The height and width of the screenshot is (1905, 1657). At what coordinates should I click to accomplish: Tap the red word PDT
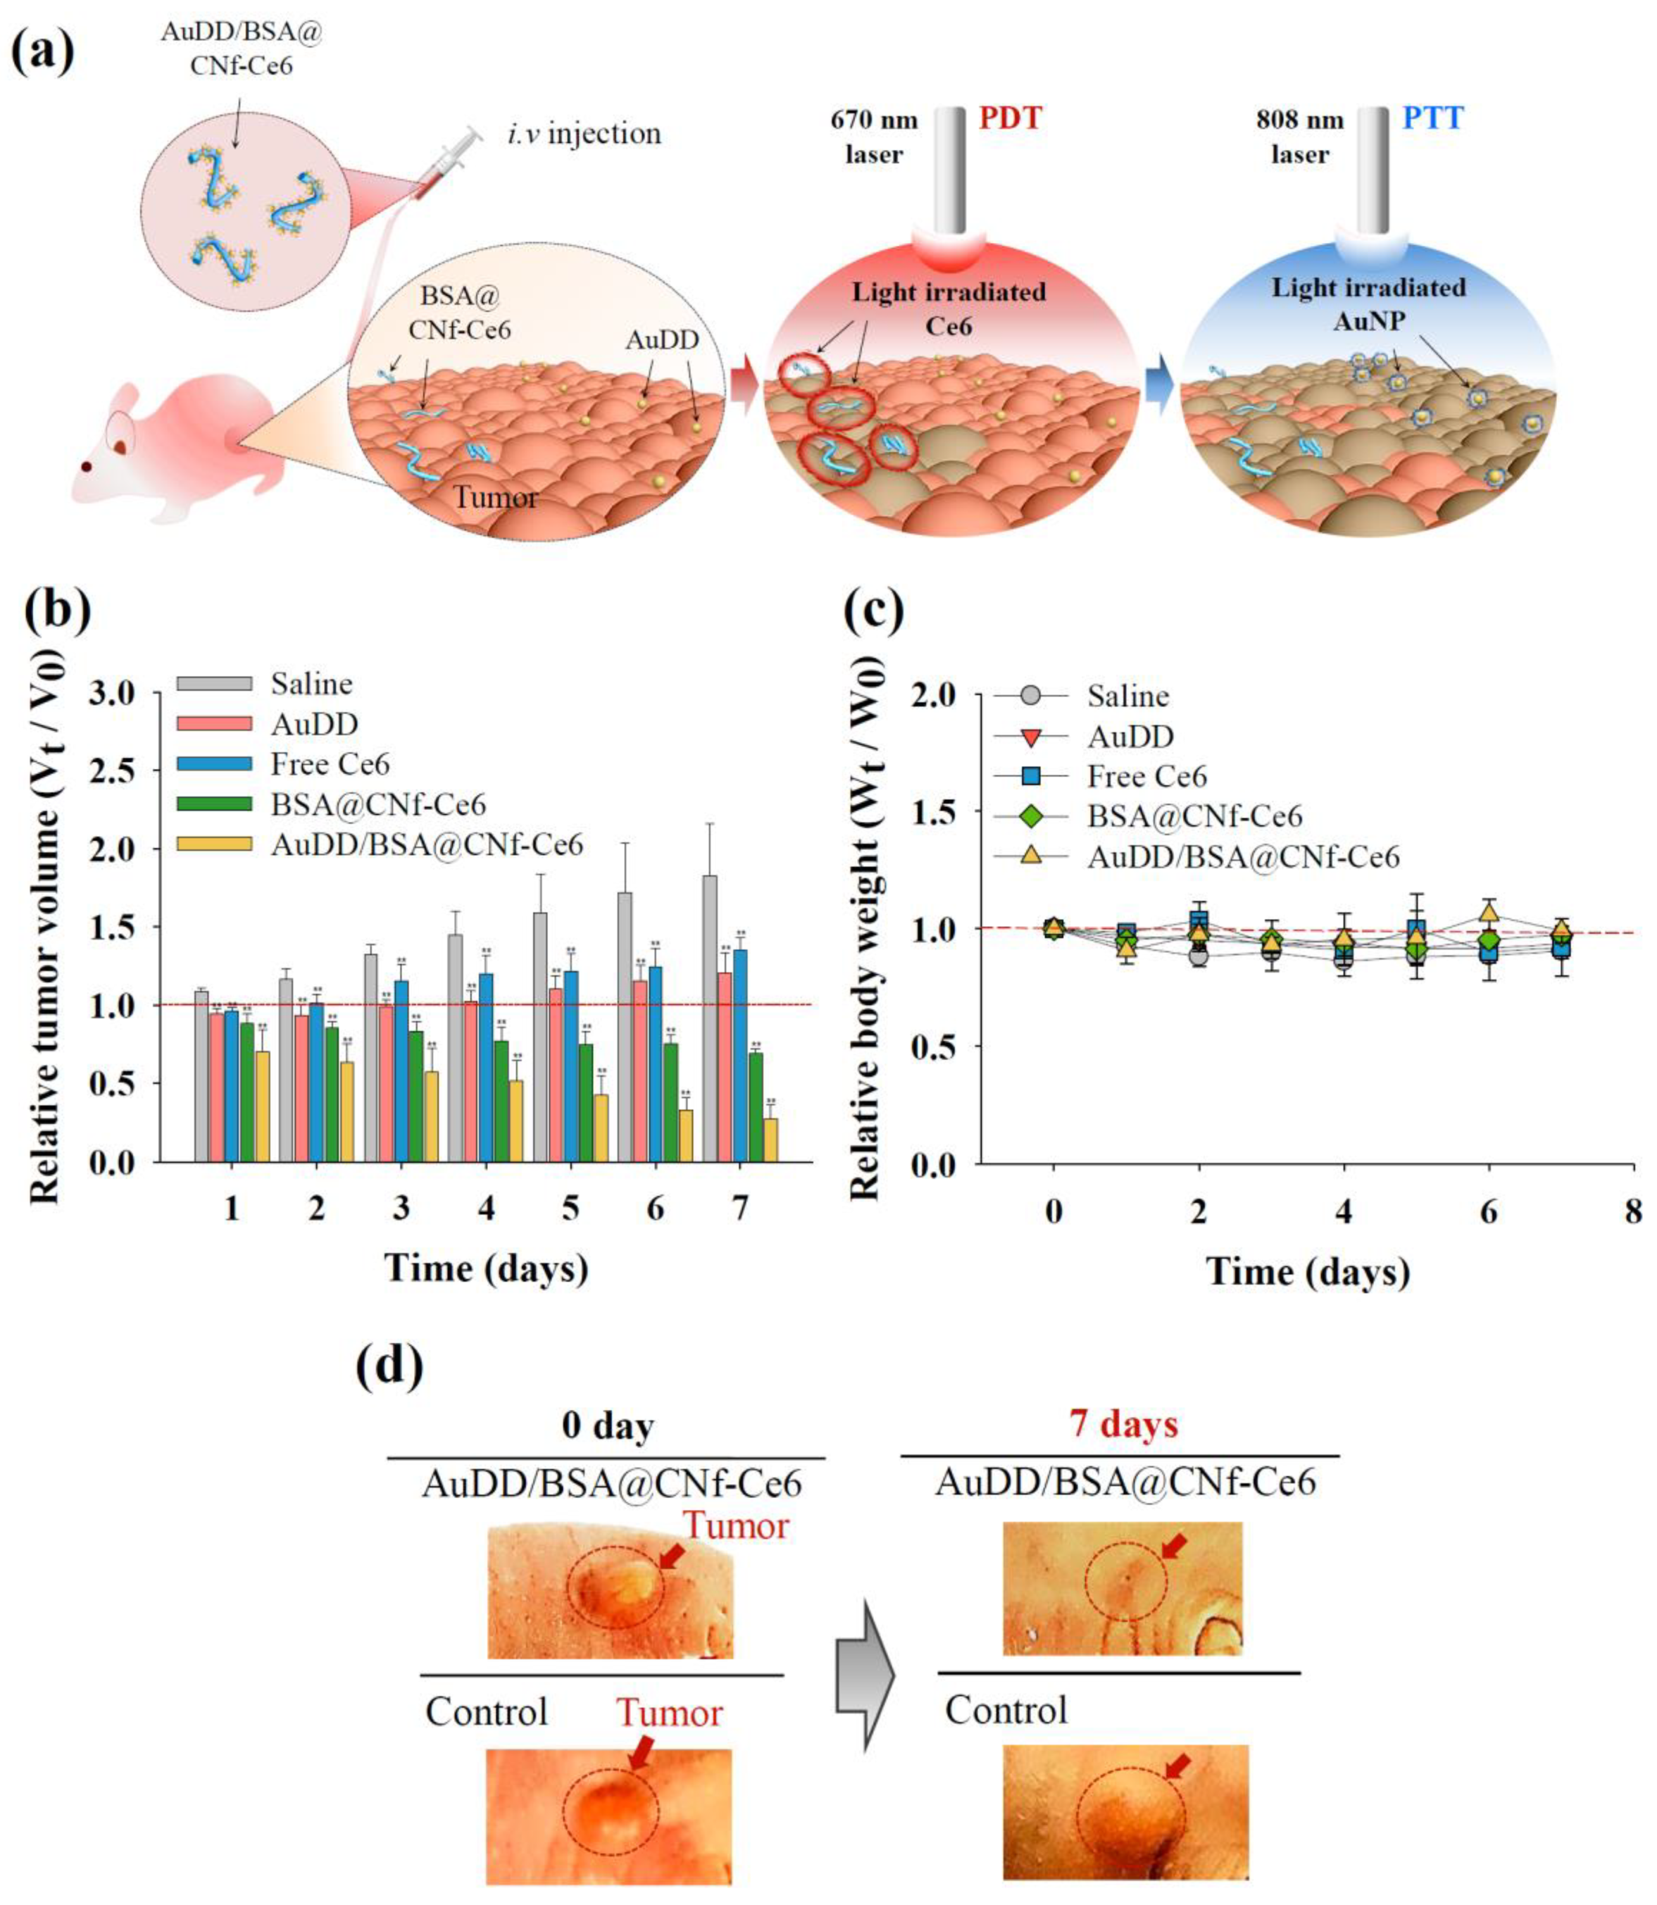pyautogui.click(x=1011, y=118)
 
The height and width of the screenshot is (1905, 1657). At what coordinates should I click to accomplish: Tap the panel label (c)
pyautogui.click(x=875, y=611)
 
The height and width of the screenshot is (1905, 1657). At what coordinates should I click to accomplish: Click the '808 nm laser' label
pyautogui.click(x=1299, y=136)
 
